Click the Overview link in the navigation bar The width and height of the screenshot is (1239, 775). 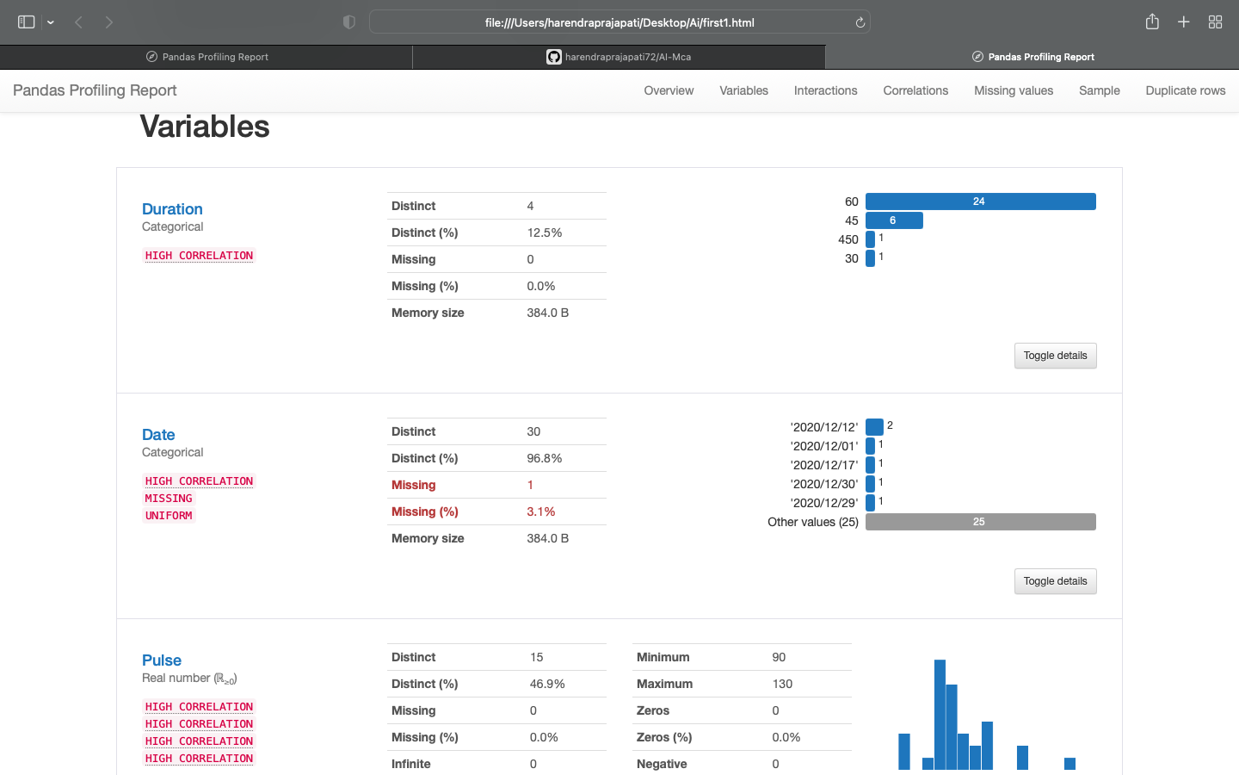tap(669, 90)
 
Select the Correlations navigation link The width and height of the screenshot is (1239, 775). tap(915, 90)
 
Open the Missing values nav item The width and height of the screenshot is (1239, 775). tap(1013, 90)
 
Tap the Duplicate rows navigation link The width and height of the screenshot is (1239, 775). tap(1185, 90)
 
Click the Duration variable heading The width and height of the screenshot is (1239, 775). tap(172, 209)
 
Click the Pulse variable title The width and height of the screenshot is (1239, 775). tap(162, 660)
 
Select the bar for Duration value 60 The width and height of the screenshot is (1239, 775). tap(980, 201)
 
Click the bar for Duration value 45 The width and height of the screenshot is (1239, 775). tap(894, 220)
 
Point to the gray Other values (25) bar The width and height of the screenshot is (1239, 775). tap(980, 522)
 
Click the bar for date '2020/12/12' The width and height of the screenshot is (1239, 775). tap(874, 426)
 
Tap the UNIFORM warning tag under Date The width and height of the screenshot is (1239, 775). tap(169, 516)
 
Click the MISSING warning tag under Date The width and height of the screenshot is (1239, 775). tap(169, 499)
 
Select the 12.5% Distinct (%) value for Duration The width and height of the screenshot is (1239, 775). tap(545, 232)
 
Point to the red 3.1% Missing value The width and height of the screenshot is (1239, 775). tap(541, 512)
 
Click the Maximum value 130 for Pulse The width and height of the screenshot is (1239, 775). tap(782, 684)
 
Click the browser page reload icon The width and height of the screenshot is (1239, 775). tap(860, 22)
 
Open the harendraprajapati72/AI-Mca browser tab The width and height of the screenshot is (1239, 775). tap(619, 57)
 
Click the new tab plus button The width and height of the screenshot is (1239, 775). tap(1183, 22)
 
